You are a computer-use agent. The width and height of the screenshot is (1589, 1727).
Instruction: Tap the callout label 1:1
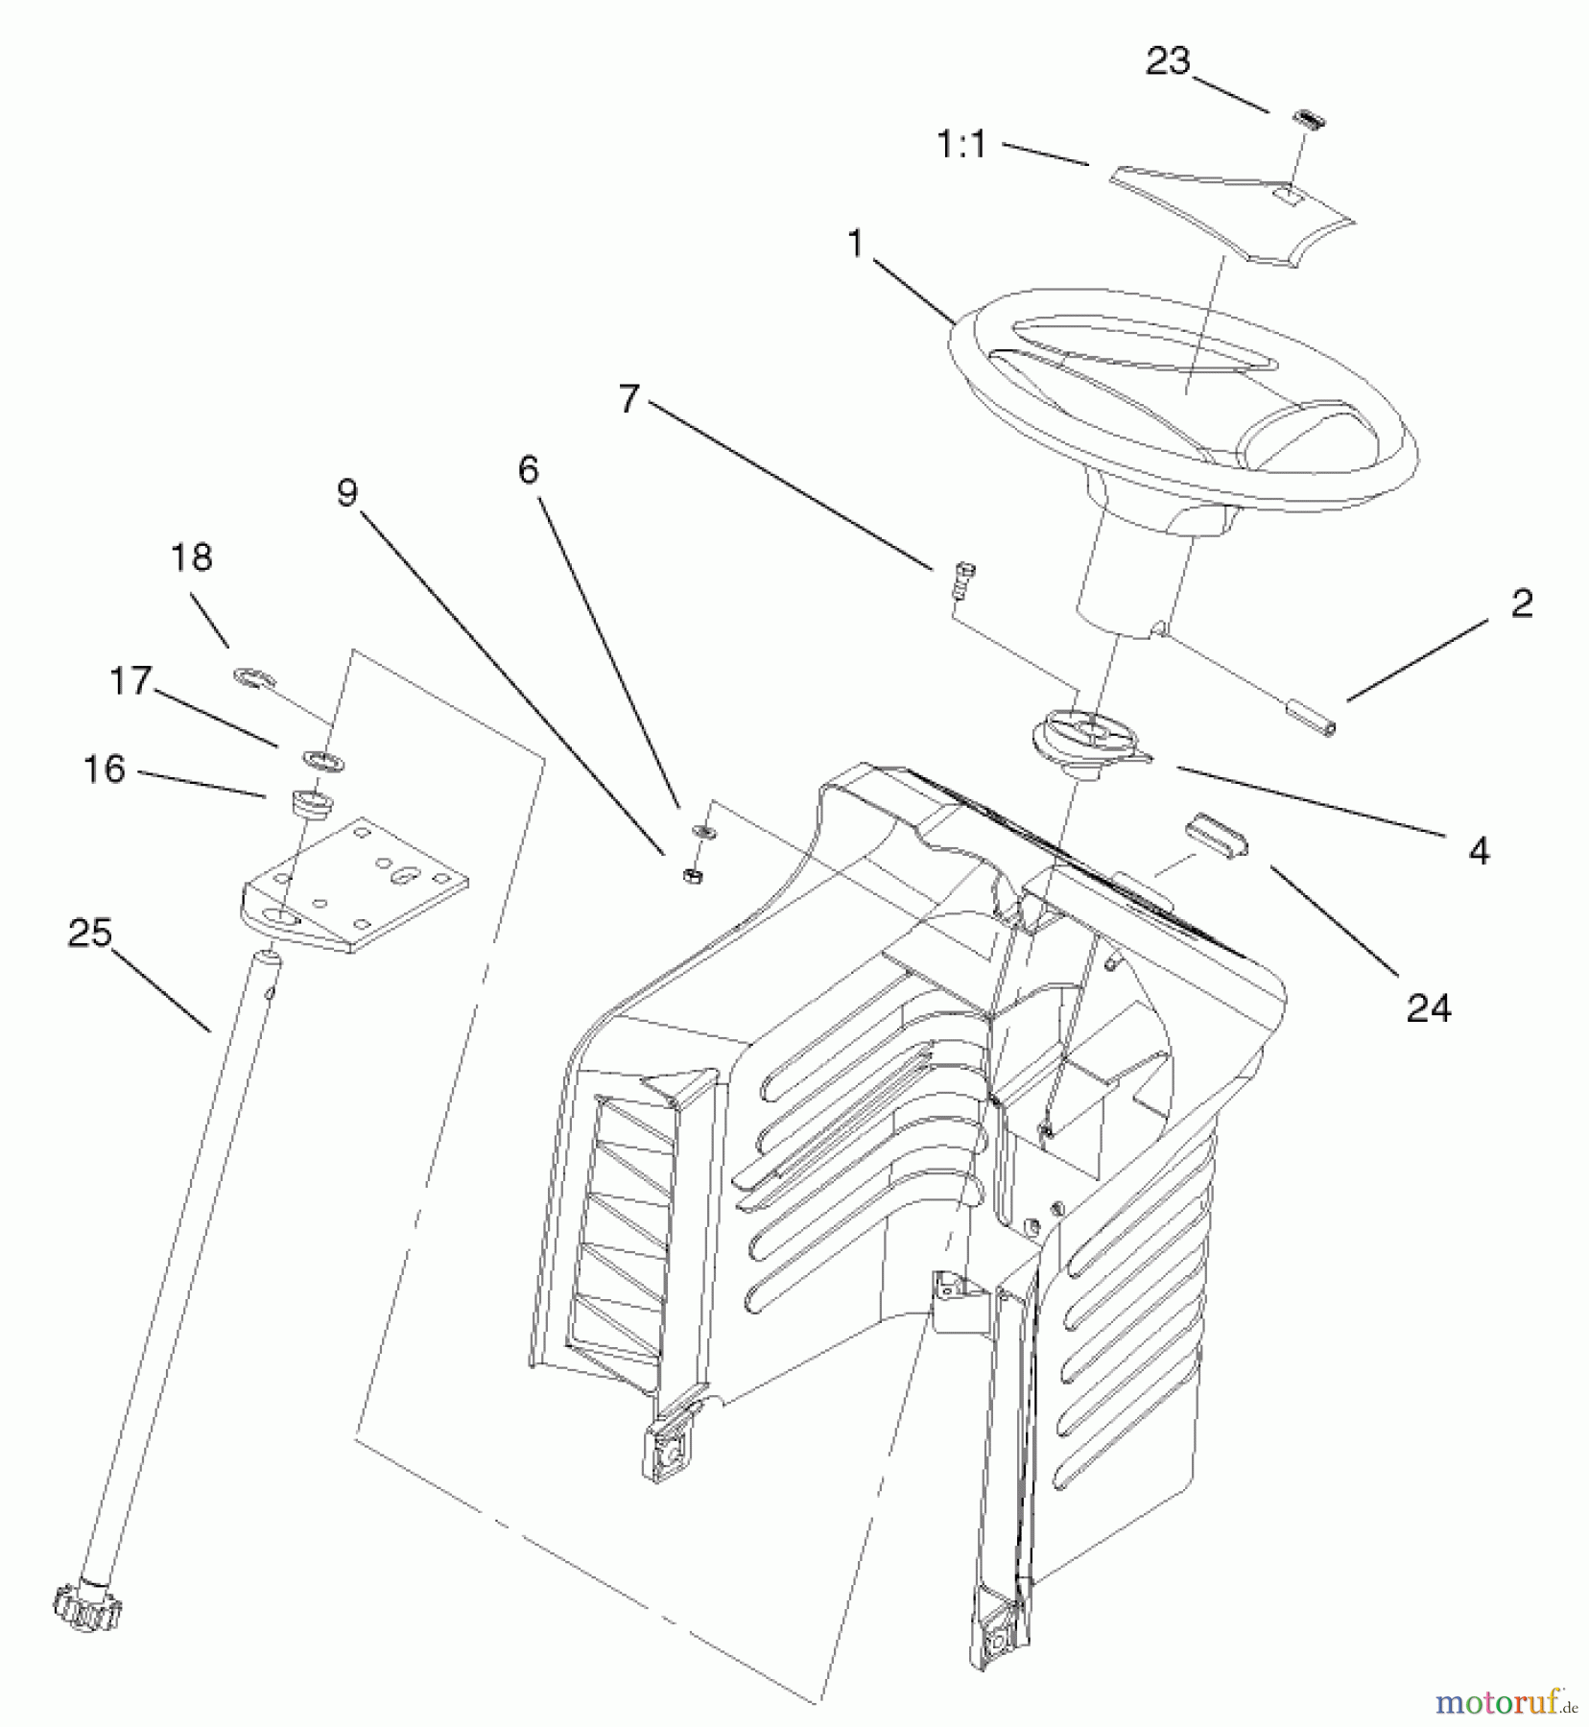click(961, 146)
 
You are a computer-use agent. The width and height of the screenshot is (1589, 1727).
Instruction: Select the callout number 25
click(90, 934)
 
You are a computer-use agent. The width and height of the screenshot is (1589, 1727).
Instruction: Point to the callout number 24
click(1429, 1007)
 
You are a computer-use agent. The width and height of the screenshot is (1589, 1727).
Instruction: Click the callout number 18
click(191, 557)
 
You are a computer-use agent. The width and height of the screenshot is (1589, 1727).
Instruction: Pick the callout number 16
click(105, 769)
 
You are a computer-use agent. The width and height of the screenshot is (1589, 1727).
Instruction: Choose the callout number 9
click(347, 493)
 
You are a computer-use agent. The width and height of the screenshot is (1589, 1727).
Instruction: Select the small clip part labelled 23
click(1304, 118)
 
